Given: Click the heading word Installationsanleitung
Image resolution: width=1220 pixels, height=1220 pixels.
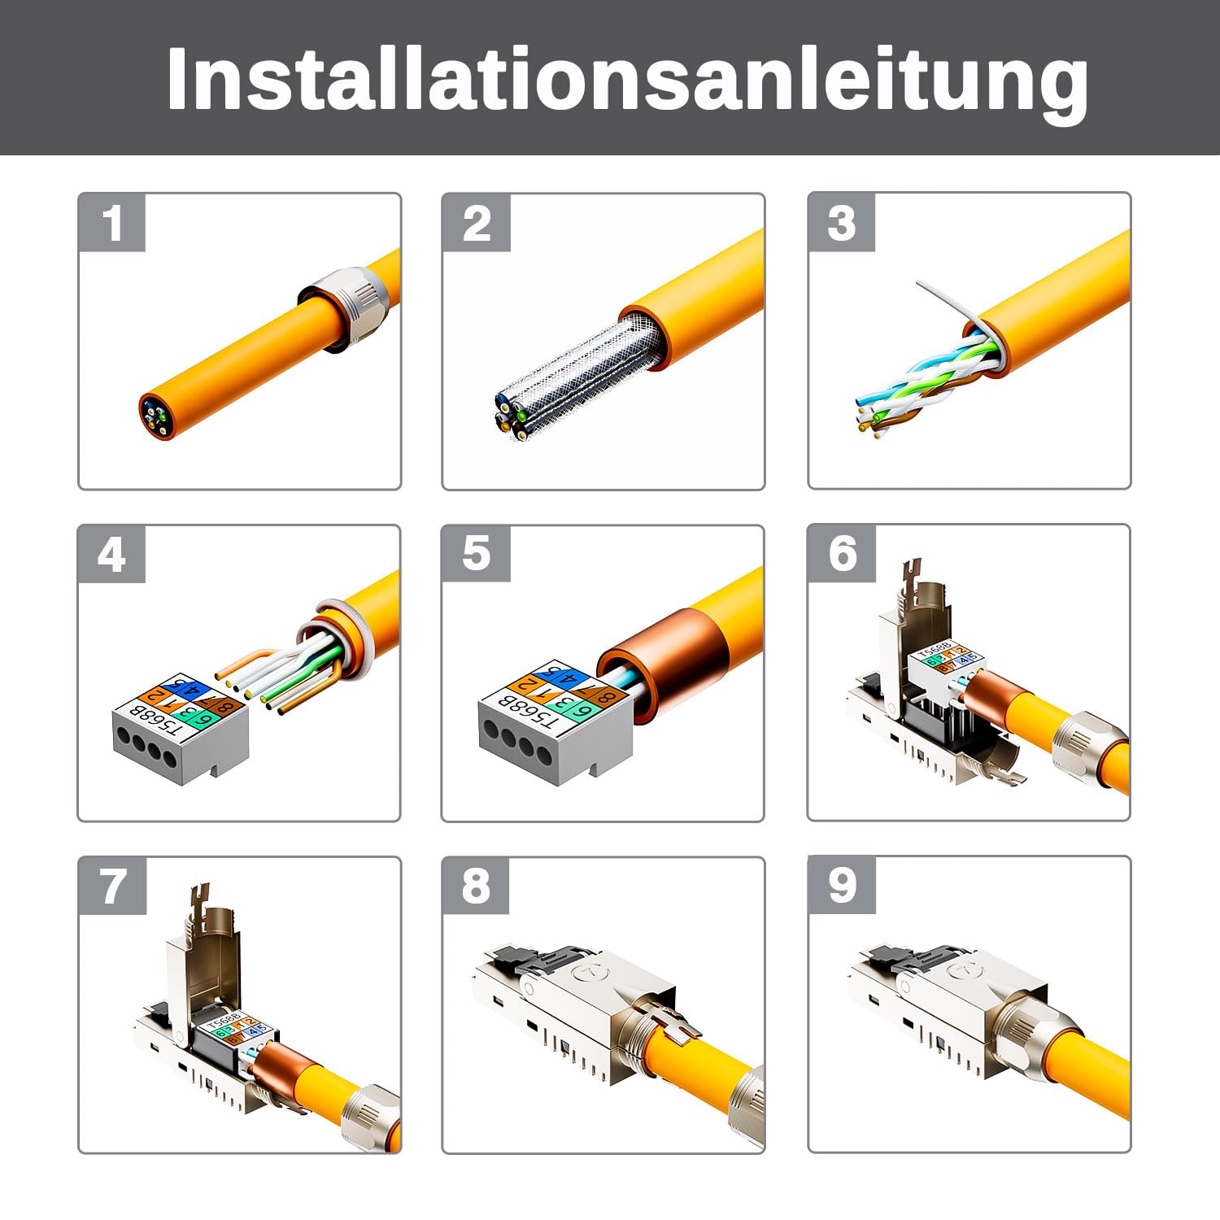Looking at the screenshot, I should coord(626,78).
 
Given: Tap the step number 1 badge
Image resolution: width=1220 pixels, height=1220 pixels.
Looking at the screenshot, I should coord(112,223).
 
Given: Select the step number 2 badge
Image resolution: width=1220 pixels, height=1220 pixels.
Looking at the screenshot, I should coord(477,223).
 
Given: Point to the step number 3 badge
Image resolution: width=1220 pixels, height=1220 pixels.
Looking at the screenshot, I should coord(842,223).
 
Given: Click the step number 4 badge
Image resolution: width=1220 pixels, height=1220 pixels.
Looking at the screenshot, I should coord(112,555).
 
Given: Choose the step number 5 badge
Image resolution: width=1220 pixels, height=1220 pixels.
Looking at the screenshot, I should coord(477,555).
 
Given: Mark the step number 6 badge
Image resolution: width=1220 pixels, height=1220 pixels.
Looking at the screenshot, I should coord(842,555).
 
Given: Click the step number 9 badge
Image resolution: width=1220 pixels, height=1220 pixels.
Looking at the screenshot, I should coord(842,885).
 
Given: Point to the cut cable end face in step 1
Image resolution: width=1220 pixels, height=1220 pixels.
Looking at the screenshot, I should coord(155,416).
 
